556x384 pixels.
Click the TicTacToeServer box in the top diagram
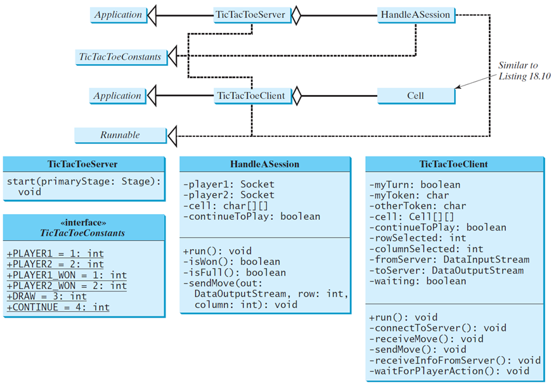pyautogui.click(x=252, y=15)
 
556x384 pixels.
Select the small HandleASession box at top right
pyautogui.click(x=416, y=15)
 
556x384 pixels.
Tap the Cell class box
pyautogui.click(x=416, y=96)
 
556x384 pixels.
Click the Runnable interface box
pyautogui.click(x=120, y=136)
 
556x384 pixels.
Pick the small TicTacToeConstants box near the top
pyautogui.click(x=121, y=57)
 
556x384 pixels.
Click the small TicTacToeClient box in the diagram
pyautogui.click(x=252, y=96)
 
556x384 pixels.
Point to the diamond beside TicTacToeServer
pyautogui.click(x=296, y=15)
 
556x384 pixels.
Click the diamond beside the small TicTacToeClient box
pyautogui.click(x=297, y=96)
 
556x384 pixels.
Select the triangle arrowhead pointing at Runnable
pyautogui.click(x=172, y=136)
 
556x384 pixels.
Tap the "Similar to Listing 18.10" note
pyautogui.click(x=524, y=70)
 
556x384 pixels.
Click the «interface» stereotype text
pyautogui.click(x=83, y=222)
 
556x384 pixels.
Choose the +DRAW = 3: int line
pyautogui.click(x=46, y=297)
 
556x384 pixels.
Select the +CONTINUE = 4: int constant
pyautogui.click(x=58, y=307)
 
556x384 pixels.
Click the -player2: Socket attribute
pyautogui.click(x=229, y=195)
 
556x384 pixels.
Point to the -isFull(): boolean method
pyautogui.click(x=235, y=272)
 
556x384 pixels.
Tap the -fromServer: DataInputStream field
pyautogui.click(x=449, y=260)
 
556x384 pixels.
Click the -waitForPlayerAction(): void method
pyautogui.click(x=449, y=371)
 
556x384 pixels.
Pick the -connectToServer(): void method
pyautogui.click(x=437, y=328)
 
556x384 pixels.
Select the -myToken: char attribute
pyautogui.click(x=409, y=195)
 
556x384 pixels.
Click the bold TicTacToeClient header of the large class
pyautogui.click(x=453, y=164)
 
